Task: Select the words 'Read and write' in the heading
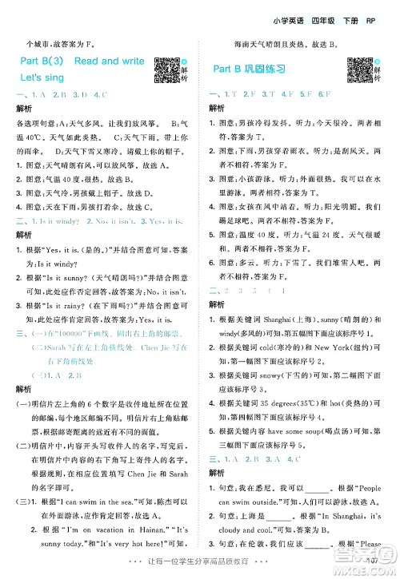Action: click(x=110, y=61)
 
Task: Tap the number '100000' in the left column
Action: click(x=69, y=332)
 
